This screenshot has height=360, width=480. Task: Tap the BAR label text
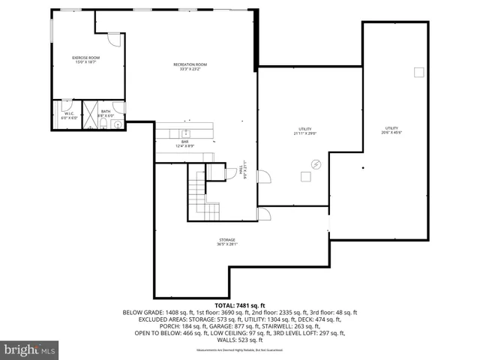184,142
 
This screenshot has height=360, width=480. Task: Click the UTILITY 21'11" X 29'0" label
305,131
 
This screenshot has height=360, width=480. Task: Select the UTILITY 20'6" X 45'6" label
391,130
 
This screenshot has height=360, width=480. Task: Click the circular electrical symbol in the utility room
316,163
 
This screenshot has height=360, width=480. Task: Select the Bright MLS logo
30,349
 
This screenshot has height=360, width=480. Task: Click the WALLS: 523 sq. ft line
240,339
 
